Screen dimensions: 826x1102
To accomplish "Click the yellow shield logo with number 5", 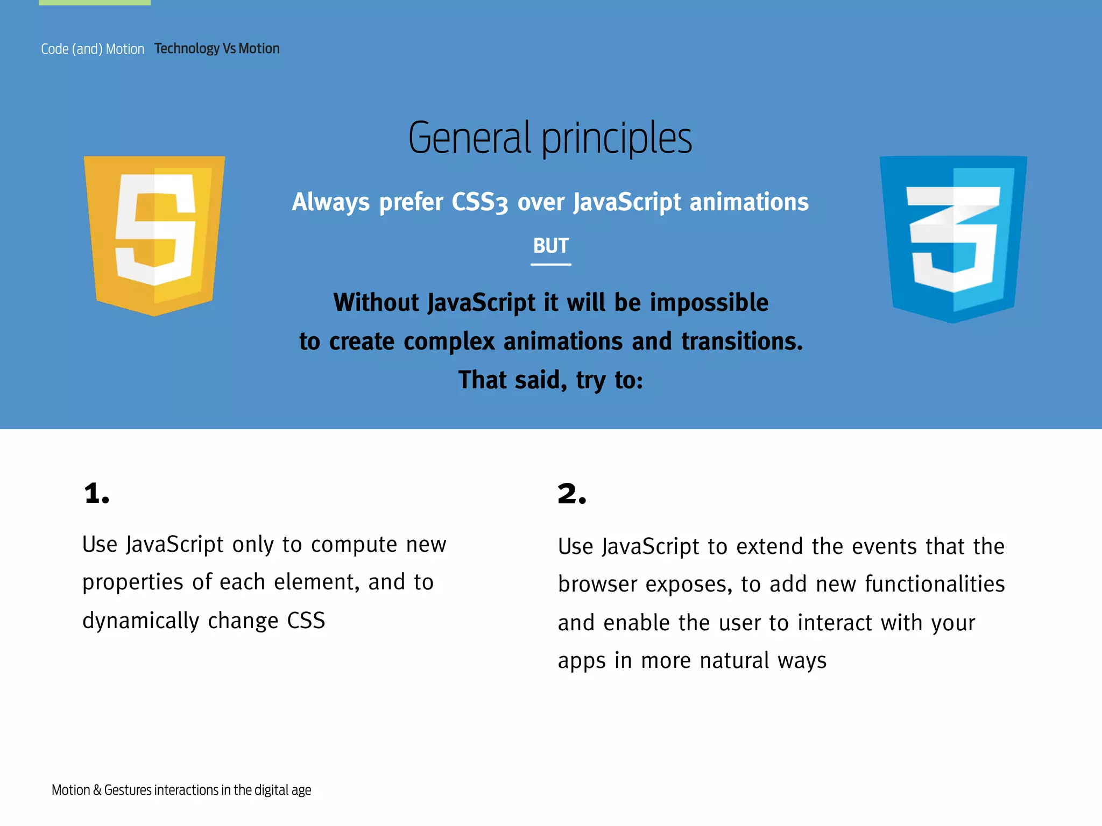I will [154, 235].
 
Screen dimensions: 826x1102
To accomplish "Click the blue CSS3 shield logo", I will [953, 238].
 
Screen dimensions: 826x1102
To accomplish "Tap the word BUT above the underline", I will [550, 246].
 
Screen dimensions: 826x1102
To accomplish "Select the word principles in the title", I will [616, 139].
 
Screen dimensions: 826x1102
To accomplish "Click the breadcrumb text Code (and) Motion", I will [93, 49].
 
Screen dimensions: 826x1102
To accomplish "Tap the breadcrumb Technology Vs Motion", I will [217, 48].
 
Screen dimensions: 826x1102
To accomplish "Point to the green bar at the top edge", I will [95, 2].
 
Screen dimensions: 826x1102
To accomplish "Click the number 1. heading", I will [97, 494].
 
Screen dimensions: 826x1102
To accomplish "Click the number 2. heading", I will [571, 494].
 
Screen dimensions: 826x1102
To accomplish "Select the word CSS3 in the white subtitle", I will [479, 203].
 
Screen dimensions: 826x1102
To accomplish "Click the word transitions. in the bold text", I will [742, 341].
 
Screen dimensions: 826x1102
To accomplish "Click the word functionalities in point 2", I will [935, 585].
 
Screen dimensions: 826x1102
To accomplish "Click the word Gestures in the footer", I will [128, 790].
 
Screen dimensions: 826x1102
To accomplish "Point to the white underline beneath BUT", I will [550, 265].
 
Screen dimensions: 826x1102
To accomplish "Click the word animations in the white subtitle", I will [748, 202].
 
